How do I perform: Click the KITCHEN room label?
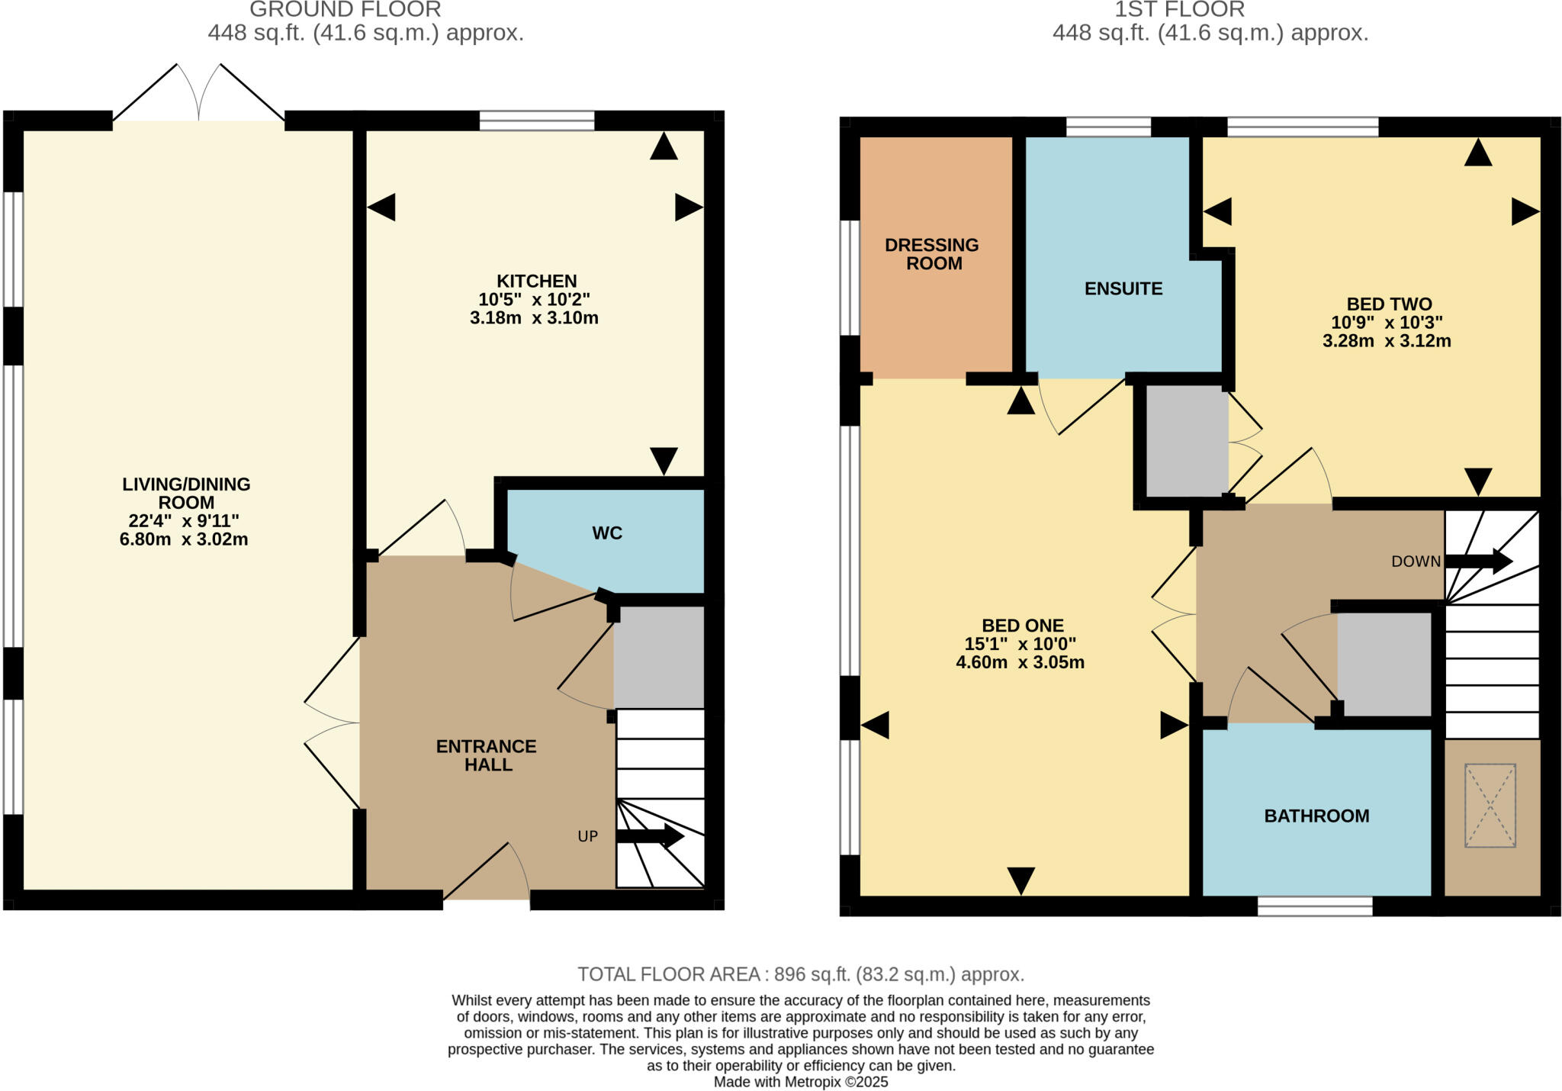click(x=536, y=281)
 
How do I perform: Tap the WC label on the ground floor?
click(x=607, y=533)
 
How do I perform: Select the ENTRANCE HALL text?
click(x=487, y=755)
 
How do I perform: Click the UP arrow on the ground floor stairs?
click(x=650, y=835)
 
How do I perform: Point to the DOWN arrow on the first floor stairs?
click(x=1478, y=562)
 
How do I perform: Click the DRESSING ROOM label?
click(x=932, y=254)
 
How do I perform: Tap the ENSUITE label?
click(x=1123, y=288)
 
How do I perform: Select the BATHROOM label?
click(x=1316, y=816)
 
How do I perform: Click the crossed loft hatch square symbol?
click(x=1490, y=805)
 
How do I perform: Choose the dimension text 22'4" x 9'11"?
click(x=184, y=521)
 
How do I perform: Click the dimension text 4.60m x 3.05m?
click(x=1020, y=662)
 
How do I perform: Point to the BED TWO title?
click(x=1389, y=304)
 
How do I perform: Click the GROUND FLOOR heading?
click(x=345, y=10)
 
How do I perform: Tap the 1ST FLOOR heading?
click(x=1179, y=10)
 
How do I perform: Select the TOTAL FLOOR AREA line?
click(x=800, y=974)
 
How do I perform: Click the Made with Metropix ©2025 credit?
click(x=800, y=1082)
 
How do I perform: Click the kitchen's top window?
click(x=536, y=121)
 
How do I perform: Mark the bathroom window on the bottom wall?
click(x=1315, y=906)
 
